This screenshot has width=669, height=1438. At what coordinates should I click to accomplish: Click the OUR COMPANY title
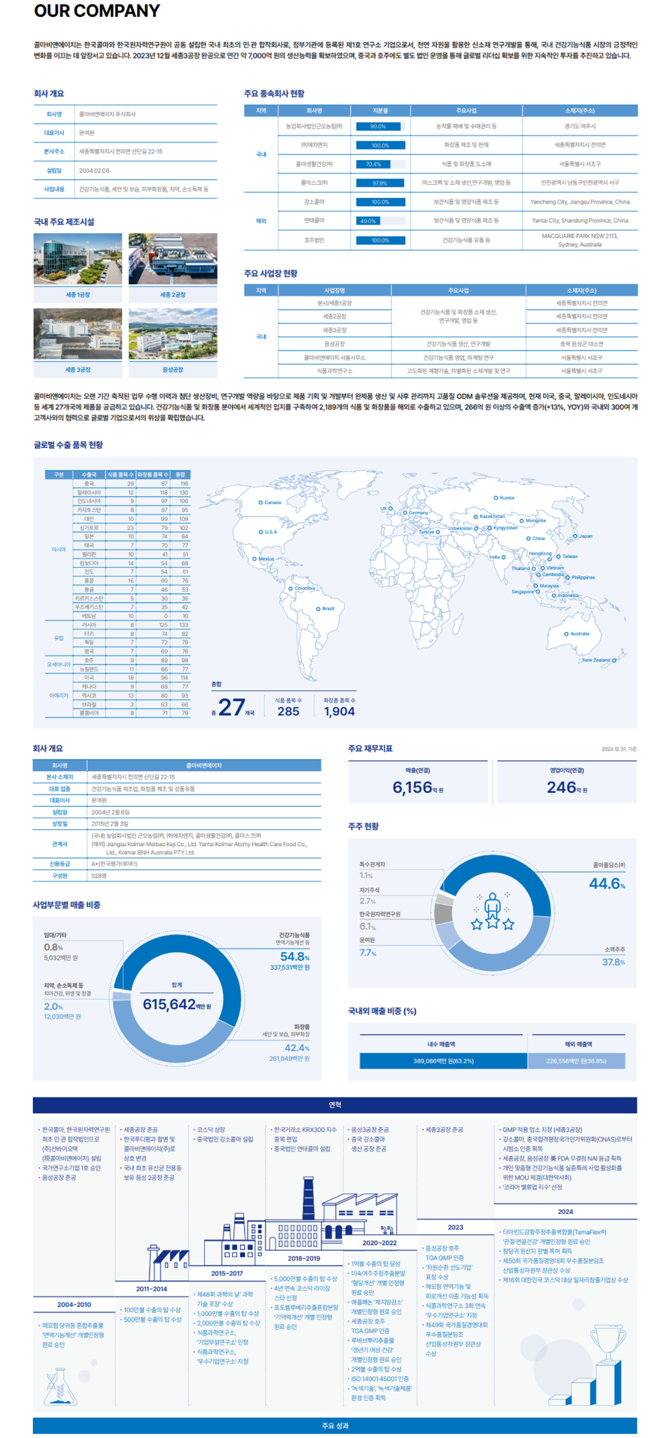97,11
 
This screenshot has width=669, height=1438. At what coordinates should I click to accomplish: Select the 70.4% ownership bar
380,164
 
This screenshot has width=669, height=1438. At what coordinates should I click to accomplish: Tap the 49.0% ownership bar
380,220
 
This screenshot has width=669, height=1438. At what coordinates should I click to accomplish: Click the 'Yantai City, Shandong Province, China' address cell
580,220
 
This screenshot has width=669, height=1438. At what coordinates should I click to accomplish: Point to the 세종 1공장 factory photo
77,259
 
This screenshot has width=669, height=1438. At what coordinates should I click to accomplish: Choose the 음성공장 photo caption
173,369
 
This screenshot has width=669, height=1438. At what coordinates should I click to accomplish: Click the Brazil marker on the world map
318,609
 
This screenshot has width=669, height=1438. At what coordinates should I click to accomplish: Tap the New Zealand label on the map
596,660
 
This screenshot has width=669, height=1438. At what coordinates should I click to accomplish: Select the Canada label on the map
272,502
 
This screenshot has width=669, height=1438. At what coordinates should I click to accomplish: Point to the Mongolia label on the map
535,521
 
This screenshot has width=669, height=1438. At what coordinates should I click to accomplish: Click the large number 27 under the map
232,707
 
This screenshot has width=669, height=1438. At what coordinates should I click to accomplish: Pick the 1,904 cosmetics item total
339,711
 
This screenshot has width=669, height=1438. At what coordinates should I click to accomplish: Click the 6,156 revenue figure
413,788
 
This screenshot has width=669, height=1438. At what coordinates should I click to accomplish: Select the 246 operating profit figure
562,788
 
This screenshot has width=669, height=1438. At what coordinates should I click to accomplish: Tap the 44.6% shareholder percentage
605,883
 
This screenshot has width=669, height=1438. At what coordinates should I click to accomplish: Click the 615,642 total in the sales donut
170,1004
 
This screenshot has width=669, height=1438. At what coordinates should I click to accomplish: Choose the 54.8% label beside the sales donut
293,956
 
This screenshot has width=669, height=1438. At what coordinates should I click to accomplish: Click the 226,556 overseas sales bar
576,1061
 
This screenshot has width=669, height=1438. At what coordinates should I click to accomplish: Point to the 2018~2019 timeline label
303,1258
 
